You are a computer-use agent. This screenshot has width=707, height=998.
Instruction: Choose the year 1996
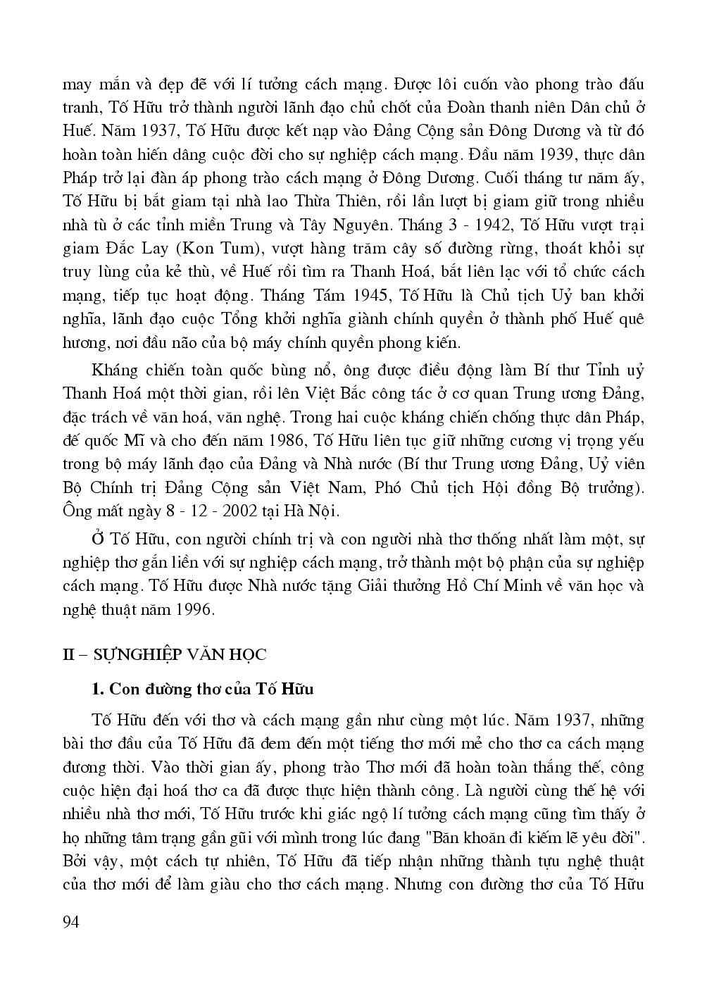point(191,609)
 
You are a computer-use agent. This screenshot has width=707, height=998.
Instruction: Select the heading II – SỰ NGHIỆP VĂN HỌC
point(165,654)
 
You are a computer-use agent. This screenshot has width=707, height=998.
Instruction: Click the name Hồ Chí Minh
point(489,586)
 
